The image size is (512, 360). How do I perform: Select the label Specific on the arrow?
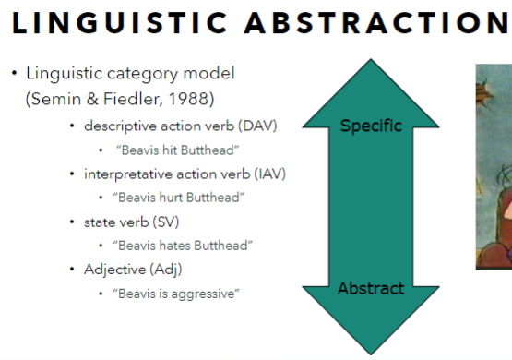tap(371, 126)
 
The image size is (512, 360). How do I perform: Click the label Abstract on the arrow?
tap(371, 288)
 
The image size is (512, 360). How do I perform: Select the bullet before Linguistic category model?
tap(14, 73)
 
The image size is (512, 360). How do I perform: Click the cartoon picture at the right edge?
tap(494, 166)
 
